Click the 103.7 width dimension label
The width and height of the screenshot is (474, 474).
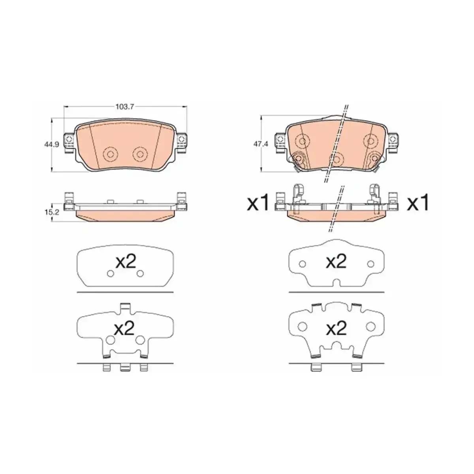(x=125, y=107)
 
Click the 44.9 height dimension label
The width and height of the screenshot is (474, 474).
(x=52, y=145)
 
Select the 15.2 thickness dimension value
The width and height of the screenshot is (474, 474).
(x=52, y=212)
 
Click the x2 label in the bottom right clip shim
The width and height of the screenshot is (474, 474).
(x=336, y=328)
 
